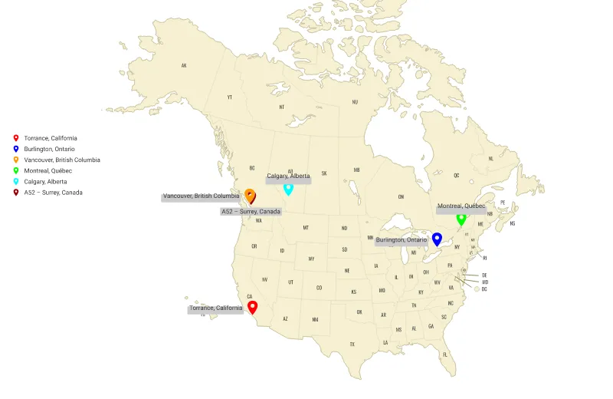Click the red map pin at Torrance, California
tap(253, 306)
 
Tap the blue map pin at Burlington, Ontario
tap(437, 238)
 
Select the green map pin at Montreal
tap(461, 218)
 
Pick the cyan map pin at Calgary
tap(288, 187)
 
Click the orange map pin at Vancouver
tap(250, 194)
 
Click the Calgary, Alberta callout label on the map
tap(289, 176)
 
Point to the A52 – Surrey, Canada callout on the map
tap(251, 211)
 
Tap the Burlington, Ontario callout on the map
tap(402, 240)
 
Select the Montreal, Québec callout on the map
tap(461, 206)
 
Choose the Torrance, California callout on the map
tap(216, 308)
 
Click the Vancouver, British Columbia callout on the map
tap(202, 196)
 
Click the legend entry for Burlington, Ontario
tap(49, 149)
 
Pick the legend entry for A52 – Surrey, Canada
tap(54, 193)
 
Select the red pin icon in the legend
tap(16, 138)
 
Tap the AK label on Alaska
tap(184, 65)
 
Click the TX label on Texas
tap(352, 345)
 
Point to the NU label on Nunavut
tap(355, 102)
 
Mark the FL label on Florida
tap(444, 354)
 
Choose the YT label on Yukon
tap(229, 97)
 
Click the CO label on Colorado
tap(319, 288)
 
